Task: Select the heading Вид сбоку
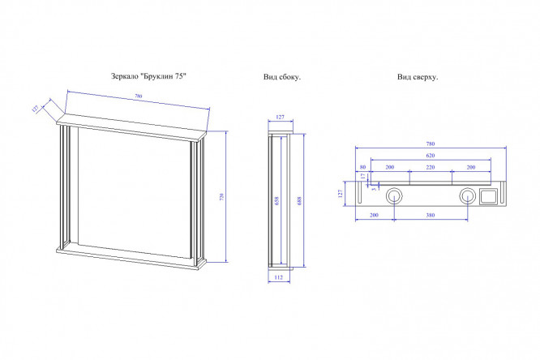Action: pos(282,77)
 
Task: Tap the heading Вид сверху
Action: pos(418,77)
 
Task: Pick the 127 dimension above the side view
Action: pos(280,118)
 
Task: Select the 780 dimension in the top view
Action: pos(430,144)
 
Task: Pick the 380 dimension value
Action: pos(431,215)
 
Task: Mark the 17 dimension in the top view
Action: pos(363,176)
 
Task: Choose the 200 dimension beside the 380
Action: pos(374,215)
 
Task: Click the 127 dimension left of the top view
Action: pos(343,194)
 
